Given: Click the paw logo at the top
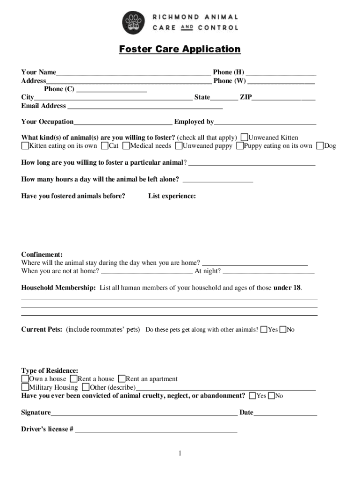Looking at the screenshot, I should point(134,22).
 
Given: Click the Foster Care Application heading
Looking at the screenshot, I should point(180,49).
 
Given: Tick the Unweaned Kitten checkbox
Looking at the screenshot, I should point(244,138).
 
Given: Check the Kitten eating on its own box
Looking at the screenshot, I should point(25,145).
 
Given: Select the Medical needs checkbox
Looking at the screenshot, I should point(126,145).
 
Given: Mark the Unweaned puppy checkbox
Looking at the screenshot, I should point(179,145).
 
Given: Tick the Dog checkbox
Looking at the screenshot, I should point(320,145).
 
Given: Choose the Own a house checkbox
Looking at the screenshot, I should point(25,378).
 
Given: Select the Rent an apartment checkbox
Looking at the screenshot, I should point(122,378).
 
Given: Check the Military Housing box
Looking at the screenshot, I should point(25,387).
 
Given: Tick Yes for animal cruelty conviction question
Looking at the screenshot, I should point(252,396).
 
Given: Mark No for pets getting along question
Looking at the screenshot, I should point(282,330).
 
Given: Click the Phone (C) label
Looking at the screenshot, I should point(59,89).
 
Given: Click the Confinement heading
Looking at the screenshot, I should point(42,254).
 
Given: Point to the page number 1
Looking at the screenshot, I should point(180,453).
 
